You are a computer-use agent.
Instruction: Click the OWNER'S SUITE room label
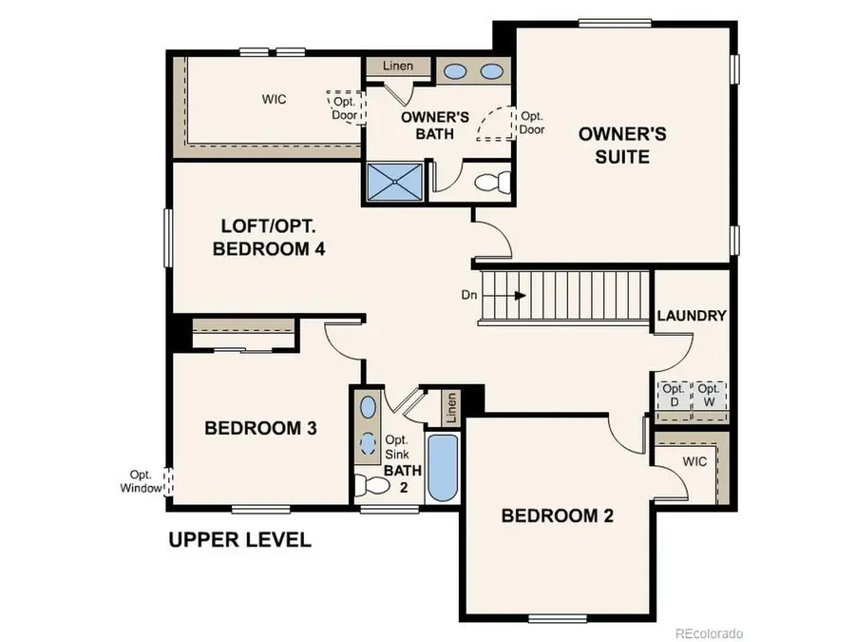click(x=622, y=146)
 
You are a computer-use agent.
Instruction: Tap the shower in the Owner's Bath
click(x=393, y=182)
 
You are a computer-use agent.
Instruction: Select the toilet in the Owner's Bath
click(x=492, y=183)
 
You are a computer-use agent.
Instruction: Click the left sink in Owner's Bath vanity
click(x=456, y=71)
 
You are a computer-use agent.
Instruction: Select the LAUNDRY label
click(x=691, y=316)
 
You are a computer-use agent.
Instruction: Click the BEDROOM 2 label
click(x=557, y=516)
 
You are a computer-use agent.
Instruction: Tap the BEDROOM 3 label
click(x=260, y=429)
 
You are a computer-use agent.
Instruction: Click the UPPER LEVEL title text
click(x=239, y=540)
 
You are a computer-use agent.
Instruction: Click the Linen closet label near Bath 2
click(x=451, y=408)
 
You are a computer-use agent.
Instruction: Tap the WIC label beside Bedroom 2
click(x=694, y=461)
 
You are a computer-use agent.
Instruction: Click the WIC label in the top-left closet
click(x=275, y=99)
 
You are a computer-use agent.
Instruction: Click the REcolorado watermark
click(x=710, y=632)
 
